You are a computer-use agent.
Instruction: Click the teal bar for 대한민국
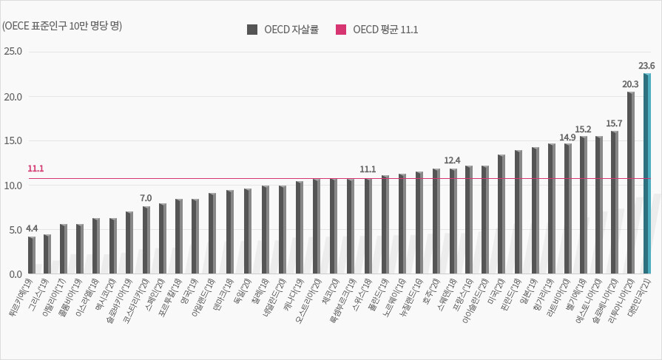click(646, 174)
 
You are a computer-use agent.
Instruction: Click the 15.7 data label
click(614, 123)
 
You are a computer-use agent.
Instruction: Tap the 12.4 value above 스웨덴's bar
click(453, 160)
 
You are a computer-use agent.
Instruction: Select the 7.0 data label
click(146, 198)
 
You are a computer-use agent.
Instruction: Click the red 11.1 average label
click(36, 169)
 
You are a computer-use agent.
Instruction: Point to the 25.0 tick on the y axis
click(13, 52)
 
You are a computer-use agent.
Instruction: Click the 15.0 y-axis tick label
click(13, 140)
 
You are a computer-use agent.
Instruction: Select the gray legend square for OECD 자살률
click(251, 30)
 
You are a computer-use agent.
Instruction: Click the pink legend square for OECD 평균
click(340, 30)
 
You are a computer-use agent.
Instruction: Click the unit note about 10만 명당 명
click(62, 26)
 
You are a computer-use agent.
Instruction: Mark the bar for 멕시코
click(113, 246)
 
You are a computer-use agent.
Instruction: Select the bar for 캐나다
click(300, 228)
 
